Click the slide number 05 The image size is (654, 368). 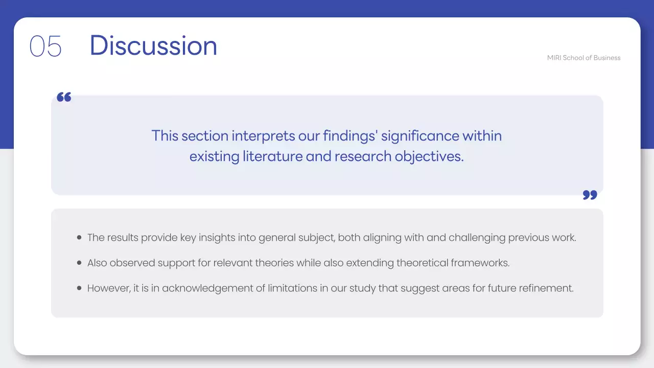point(45,46)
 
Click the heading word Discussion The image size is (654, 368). point(153,45)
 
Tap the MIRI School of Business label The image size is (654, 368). point(583,58)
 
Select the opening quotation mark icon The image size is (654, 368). point(64,97)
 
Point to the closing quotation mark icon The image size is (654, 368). point(590,195)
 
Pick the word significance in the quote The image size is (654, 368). point(420,136)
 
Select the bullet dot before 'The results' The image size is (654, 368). point(79,238)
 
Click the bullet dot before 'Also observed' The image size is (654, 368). point(79,263)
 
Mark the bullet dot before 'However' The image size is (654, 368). point(79,288)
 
